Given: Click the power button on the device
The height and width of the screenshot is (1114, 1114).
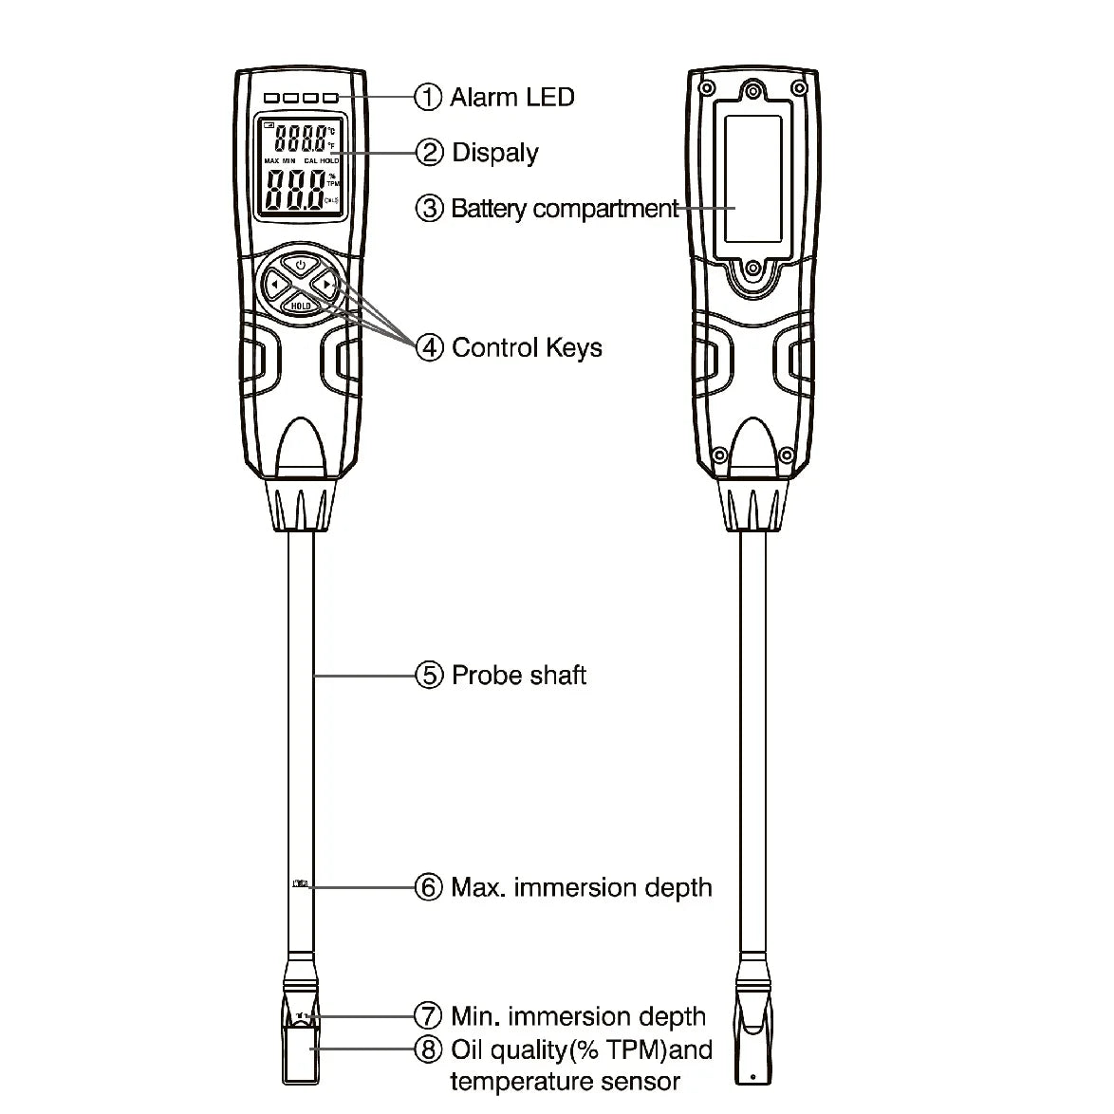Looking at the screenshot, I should pos(300,265).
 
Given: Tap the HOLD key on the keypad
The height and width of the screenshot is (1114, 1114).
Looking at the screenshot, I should pos(300,306).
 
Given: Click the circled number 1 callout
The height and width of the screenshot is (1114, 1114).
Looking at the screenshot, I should pos(429,97).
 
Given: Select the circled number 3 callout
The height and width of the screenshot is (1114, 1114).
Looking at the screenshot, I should pos(429,208).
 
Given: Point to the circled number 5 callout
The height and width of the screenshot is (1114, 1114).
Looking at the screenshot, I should pos(429,676).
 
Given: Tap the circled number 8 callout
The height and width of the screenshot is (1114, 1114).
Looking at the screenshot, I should pos(429,1049).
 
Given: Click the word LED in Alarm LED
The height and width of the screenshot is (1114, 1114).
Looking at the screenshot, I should pos(551,97).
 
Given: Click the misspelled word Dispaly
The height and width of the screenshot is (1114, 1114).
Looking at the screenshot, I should pos(495,154).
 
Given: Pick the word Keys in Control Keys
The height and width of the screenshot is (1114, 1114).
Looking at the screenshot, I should pos(575,348).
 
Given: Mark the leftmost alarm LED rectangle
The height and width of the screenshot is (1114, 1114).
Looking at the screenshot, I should pos(273,97).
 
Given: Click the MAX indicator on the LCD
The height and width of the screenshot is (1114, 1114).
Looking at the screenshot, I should pos(270,161).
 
